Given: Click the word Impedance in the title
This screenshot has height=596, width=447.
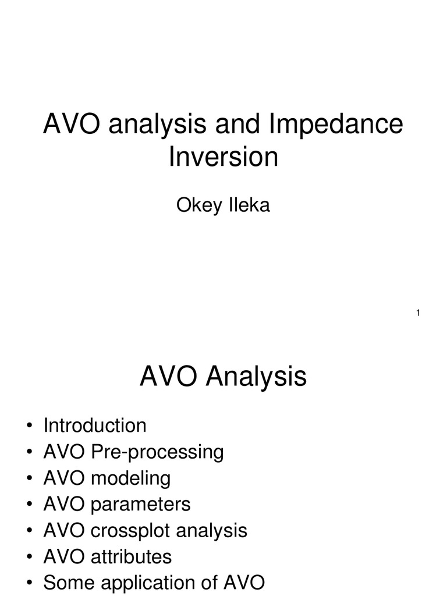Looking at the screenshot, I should click(x=335, y=125).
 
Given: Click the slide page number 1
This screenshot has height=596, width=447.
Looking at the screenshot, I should click(x=418, y=314).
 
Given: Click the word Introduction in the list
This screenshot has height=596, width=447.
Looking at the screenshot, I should click(x=95, y=425).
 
